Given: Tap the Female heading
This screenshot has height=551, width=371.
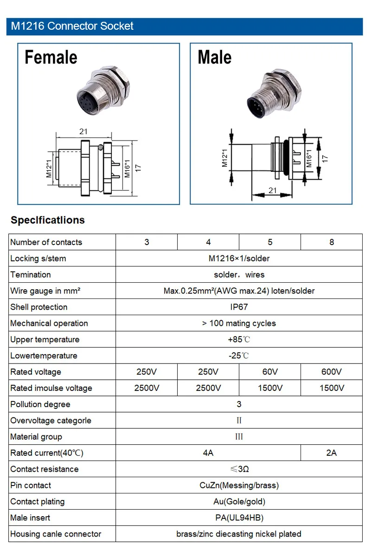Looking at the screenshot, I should pos(51,58).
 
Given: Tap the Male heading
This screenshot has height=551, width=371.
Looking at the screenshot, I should pos(214,58).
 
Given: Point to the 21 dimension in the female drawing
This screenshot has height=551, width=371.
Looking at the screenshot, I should pos(83,132).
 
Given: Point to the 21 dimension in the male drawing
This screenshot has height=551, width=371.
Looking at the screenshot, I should pos(272,190).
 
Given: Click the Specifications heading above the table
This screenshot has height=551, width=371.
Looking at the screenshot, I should pos(48,220).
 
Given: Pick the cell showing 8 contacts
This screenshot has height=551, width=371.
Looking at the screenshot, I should pos(331,242).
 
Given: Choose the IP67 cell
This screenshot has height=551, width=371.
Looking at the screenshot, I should pos(239,307).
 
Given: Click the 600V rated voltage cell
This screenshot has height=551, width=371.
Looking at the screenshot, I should pos(331,372).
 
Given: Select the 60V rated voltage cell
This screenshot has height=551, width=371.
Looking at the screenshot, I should pos(270,372).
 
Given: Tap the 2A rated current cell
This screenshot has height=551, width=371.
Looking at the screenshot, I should pos(331,453).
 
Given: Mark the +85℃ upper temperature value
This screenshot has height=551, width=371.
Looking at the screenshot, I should pos(239,339).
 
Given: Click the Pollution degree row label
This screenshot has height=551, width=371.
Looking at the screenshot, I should pos(40,404).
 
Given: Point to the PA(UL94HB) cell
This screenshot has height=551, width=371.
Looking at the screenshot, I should pos(239,518).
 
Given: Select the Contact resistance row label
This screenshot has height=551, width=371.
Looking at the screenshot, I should pos(45,469).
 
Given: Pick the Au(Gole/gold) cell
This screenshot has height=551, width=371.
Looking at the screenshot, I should pos(239,501).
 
